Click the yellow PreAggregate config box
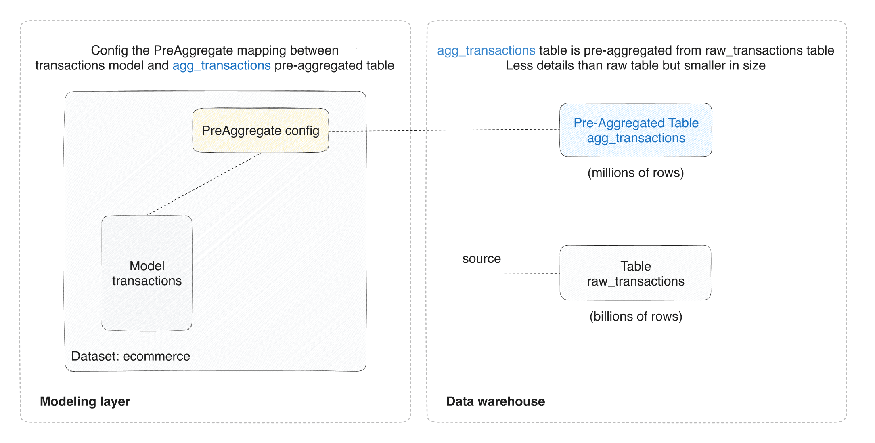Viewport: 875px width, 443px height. coord(260,130)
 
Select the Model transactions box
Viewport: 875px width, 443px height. coord(147,273)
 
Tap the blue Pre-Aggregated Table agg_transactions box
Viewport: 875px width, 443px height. coord(636,130)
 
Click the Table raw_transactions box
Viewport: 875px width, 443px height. coord(635,273)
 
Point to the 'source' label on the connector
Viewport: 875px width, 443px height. coord(481,259)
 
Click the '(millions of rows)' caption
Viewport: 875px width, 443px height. coord(636,173)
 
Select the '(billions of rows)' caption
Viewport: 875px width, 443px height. coord(636,316)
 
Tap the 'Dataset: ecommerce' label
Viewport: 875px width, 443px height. coord(130,356)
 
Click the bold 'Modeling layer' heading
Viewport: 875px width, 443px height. coord(85,401)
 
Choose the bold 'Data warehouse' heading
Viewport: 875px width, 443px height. coord(495,401)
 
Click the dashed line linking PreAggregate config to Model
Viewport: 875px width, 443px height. coord(204,184)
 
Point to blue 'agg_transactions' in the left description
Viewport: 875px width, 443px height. coord(222,65)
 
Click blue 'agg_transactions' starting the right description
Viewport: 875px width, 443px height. coord(486,50)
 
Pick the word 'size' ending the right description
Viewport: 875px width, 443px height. coord(754,65)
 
